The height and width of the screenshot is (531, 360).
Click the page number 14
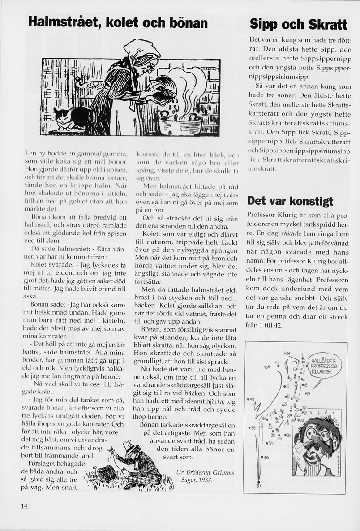[x=24, y=506]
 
